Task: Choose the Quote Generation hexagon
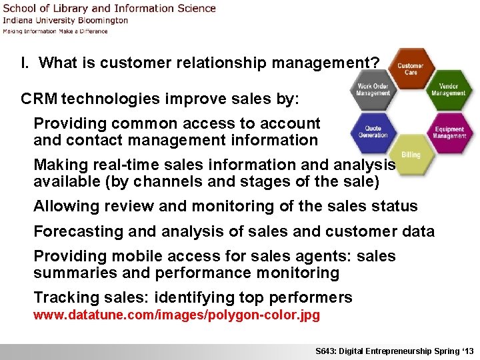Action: (373, 131)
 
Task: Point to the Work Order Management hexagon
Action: (373, 89)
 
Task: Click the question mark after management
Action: (375, 63)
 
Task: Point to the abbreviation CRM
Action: (39, 99)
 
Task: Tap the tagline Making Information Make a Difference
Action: (55, 31)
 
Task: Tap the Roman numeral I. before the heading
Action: (25, 63)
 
